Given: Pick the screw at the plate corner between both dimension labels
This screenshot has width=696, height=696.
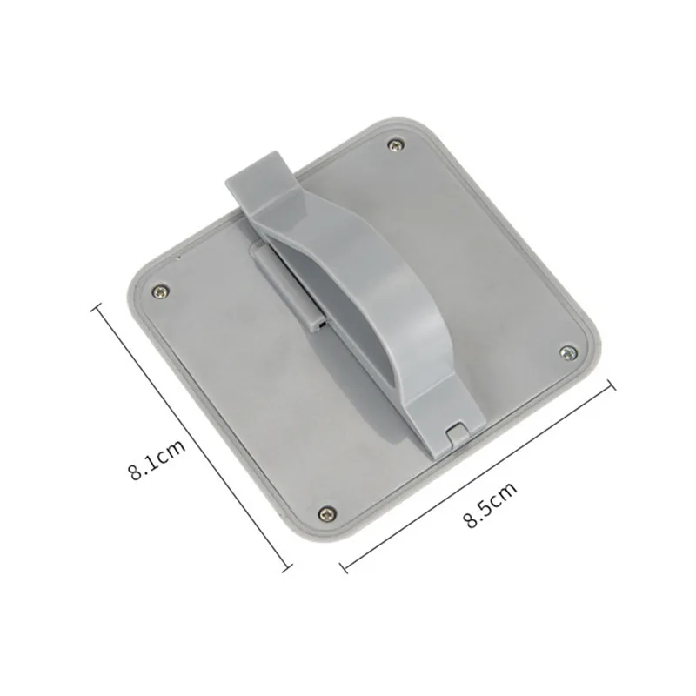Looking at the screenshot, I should [325, 512].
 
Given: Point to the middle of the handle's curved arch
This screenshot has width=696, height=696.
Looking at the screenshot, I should [365, 287].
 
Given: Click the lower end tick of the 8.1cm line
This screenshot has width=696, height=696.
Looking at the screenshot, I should [288, 571].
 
